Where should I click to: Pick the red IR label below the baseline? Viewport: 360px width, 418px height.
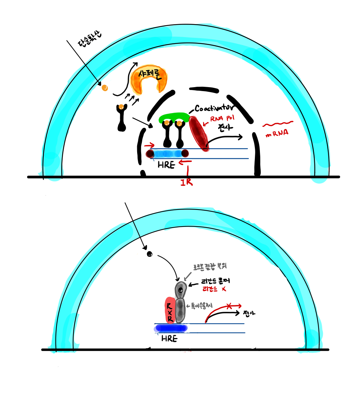coord(186,182)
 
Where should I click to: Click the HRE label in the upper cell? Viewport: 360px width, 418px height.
coord(166,165)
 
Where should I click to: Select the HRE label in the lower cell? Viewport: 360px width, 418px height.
coord(169,338)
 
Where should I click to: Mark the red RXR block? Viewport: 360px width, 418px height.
coord(169,310)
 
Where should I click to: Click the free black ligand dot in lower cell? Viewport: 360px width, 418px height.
coord(149,254)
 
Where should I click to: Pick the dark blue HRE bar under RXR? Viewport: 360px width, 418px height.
coord(171,328)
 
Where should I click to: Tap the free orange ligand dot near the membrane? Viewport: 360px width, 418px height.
coord(105,87)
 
